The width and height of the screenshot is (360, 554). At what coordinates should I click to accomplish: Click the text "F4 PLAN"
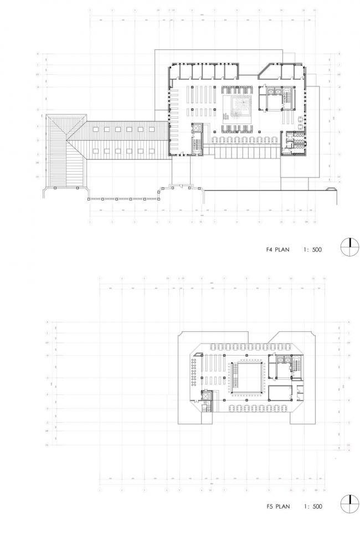[277, 250]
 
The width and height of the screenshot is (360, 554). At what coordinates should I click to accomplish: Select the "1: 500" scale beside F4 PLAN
[311, 250]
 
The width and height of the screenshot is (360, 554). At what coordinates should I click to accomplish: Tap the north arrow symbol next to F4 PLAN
[349, 247]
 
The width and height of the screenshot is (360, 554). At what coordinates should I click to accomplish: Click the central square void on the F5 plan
[246, 377]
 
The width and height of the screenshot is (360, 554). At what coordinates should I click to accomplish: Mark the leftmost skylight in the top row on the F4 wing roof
[94, 130]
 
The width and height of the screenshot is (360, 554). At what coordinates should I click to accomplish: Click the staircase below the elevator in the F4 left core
[196, 145]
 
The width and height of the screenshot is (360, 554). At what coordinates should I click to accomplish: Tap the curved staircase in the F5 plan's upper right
[296, 365]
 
